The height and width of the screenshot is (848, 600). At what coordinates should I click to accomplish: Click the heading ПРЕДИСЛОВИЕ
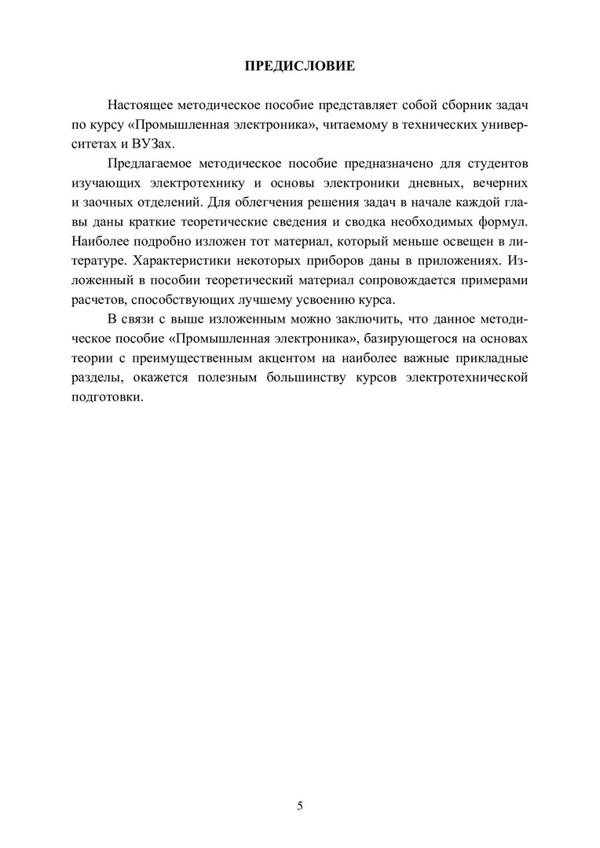tap(300, 66)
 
